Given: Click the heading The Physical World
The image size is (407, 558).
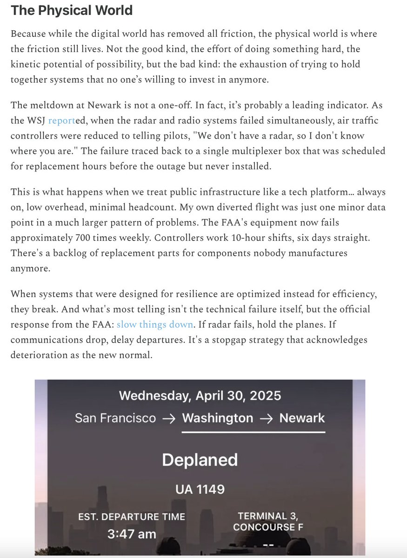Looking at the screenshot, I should [x=72, y=11].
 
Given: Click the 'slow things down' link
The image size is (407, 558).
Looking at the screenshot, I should [x=154, y=324].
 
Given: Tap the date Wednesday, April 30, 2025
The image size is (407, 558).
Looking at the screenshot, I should [x=200, y=396].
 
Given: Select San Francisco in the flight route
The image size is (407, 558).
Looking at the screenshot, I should [x=115, y=418].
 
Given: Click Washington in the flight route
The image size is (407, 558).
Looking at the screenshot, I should [x=217, y=418].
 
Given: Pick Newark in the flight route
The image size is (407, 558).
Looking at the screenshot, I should [x=302, y=418].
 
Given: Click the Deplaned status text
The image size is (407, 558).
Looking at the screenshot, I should [x=200, y=460].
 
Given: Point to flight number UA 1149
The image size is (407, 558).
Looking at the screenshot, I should [x=200, y=489].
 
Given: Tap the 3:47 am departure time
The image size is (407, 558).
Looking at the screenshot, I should [x=132, y=534].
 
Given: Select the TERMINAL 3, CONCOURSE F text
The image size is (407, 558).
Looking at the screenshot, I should [x=267, y=521].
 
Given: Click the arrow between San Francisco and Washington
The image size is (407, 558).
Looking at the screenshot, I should [x=169, y=418].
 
